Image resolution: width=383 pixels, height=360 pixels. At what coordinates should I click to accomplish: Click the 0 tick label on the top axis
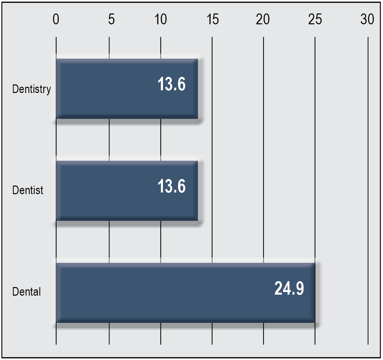click(x=56, y=19)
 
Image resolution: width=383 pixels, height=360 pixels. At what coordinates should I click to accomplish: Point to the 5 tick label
click(x=111, y=19)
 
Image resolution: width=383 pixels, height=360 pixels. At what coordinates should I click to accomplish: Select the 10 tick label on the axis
click(x=161, y=19)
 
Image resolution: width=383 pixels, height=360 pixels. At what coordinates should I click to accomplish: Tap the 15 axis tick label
click(x=213, y=19)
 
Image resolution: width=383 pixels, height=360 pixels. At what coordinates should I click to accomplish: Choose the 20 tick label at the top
click(x=263, y=19)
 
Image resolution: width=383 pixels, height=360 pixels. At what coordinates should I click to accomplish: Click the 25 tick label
click(x=315, y=19)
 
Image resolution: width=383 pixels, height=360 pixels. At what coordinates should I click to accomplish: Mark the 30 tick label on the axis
click(x=367, y=19)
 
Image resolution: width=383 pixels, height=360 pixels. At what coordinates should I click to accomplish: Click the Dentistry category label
click(x=32, y=89)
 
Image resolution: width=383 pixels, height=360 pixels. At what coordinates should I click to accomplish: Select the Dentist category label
click(x=28, y=190)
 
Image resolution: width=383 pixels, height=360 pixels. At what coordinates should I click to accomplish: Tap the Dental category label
click(x=26, y=292)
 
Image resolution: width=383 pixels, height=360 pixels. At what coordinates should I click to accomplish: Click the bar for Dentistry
click(x=127, y=89)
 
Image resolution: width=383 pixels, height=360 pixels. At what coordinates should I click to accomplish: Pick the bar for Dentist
click(x=127, y=191)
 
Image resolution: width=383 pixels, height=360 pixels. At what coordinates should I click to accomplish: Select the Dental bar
click(x=186, y=293)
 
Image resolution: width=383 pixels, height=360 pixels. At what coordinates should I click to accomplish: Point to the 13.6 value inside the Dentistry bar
click(x=171, y=84)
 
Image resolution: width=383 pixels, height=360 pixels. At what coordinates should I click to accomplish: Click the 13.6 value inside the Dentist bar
click(x=171, y=186)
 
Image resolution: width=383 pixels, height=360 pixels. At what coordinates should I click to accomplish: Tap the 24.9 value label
click(x=289, y=288)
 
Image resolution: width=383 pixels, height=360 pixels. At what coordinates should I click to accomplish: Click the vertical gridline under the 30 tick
click(x=368, y=191)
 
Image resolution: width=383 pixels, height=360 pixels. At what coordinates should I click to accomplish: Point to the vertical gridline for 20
click(x=263, y=191)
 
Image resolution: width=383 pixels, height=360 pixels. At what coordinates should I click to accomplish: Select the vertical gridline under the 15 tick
click(x=212, y=191)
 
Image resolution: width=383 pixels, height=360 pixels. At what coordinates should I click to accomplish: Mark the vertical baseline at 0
click(x=56, y=191)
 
